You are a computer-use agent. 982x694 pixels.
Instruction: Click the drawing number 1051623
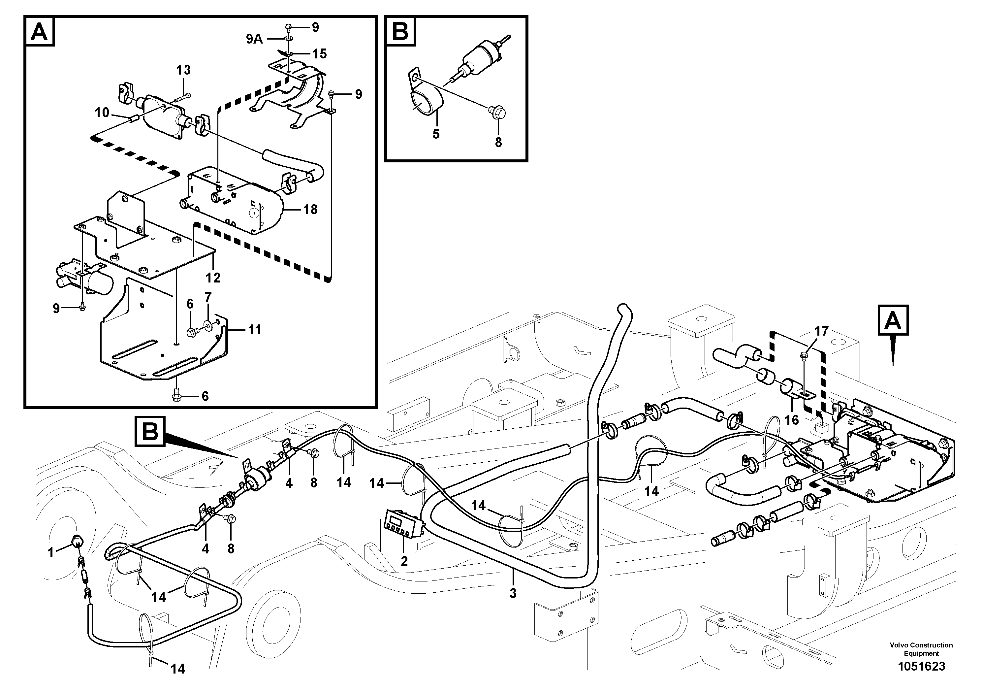pos(921,667)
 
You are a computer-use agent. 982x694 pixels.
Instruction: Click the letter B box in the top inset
pos(400,31)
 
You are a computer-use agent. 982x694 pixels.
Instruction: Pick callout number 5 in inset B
pos(435,134)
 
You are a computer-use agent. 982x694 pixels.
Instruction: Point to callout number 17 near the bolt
pos(821,331)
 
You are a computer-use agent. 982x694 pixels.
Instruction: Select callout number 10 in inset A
pos(102,113)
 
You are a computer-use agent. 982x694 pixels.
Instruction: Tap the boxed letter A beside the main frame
pos(893,320)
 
